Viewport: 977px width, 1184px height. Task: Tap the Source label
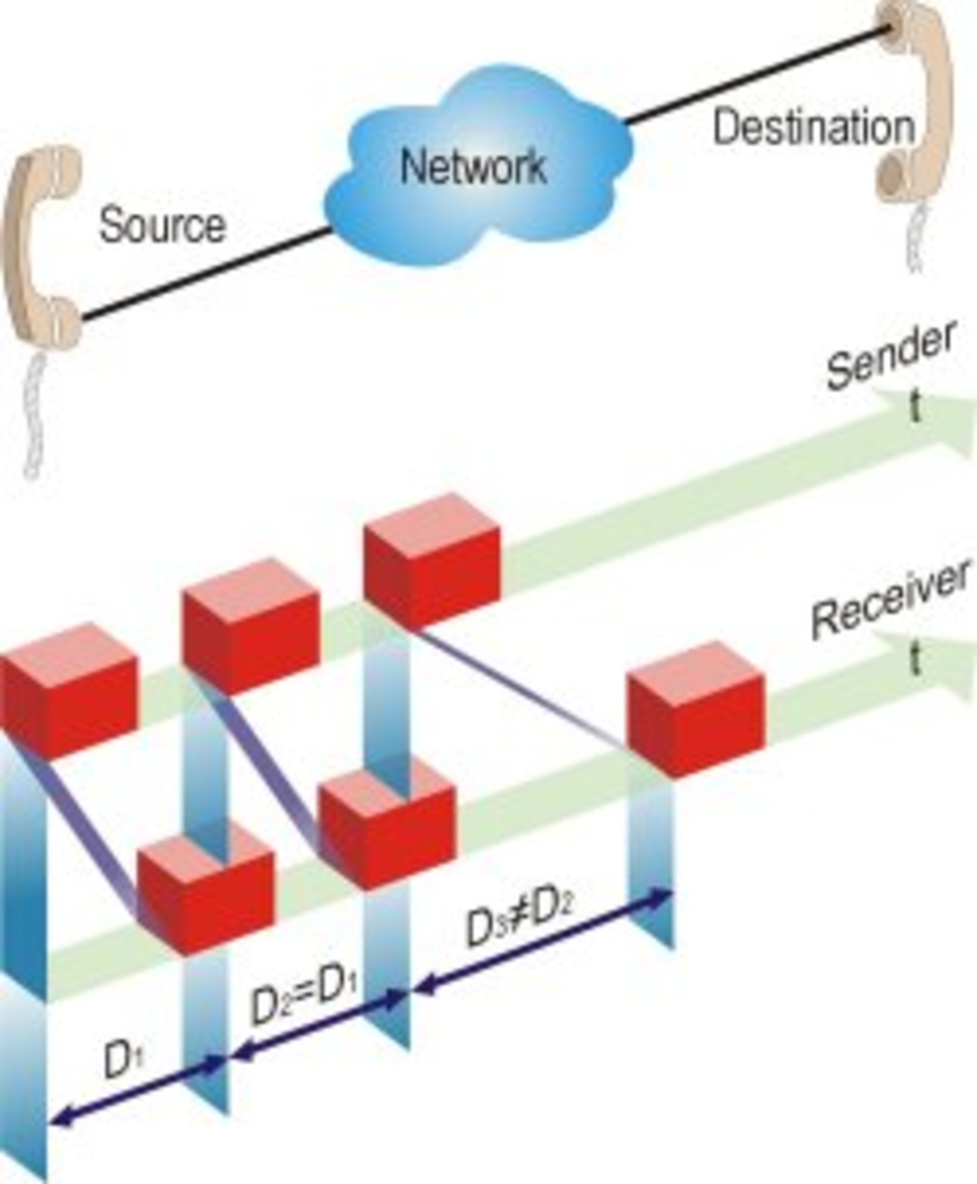click(163, 225)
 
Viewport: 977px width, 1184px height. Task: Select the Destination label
click(813, 127)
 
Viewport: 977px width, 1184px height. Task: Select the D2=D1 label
click(304, 999)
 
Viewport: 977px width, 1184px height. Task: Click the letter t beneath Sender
click(915, 408)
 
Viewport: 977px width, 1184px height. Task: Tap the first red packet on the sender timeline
click(68, 692)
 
